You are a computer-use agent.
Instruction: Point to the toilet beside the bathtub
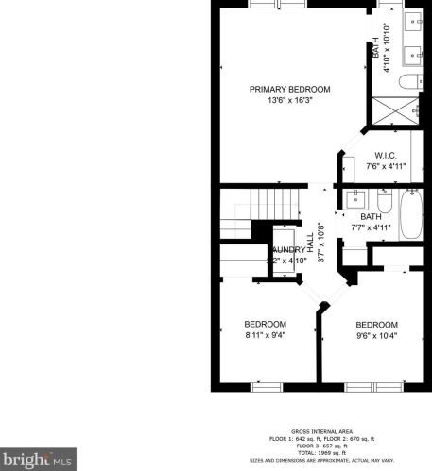[384, 203]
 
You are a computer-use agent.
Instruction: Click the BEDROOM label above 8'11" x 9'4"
[265, 324]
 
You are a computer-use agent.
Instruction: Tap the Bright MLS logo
[36, 460]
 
